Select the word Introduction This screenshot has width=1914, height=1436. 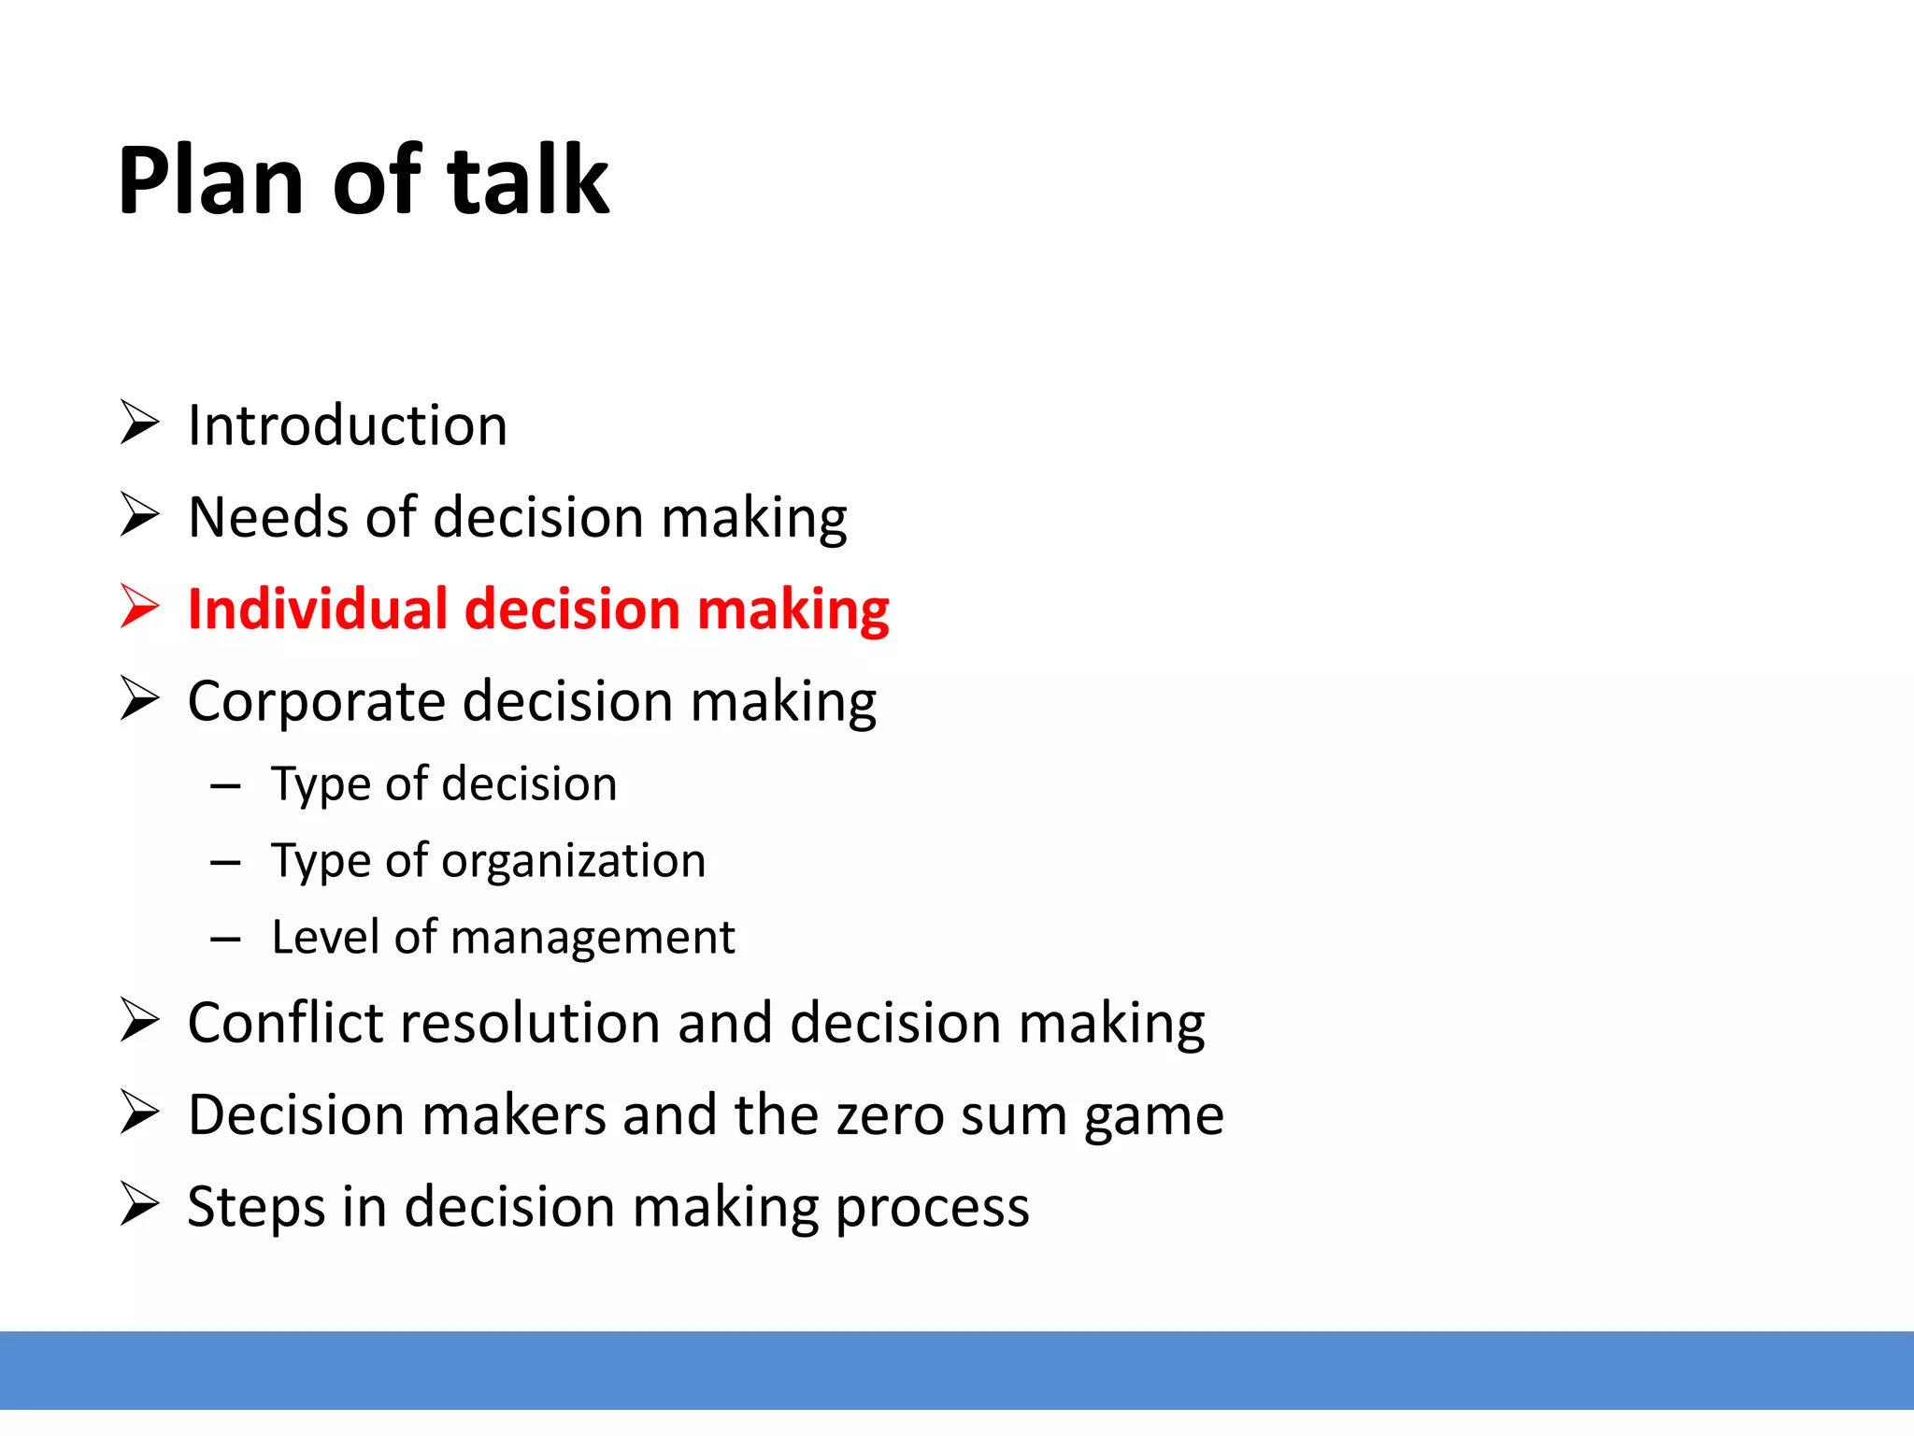347,425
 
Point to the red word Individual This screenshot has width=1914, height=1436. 318,610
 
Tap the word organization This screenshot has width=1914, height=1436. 573,860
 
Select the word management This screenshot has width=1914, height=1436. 593,938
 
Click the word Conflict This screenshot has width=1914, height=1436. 286,1022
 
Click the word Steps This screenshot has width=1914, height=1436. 256,1207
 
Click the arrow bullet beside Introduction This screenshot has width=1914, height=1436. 140,423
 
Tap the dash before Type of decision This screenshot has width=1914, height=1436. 226,786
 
